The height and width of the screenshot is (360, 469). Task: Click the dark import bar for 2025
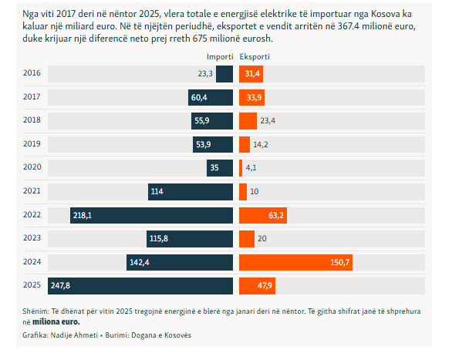coord(140,286)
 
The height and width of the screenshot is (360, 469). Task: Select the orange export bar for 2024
coord(295,263)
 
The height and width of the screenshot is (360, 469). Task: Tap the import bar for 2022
coord(151,215)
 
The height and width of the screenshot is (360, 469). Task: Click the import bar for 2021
coord(191,191)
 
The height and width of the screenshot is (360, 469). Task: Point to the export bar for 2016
coord(251,74)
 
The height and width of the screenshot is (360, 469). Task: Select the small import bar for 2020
coord(220,167)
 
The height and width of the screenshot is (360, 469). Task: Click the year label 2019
coord(32,144)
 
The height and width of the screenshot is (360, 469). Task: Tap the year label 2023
coord(32,239)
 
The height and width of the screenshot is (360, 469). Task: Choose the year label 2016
coord(32,74)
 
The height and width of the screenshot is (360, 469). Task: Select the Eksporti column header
coord(255,57)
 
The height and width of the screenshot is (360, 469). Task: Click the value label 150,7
coord(340,263)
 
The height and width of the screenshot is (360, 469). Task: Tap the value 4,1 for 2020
coord(251,167)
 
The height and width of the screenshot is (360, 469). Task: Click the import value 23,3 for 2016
coord(205,74)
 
